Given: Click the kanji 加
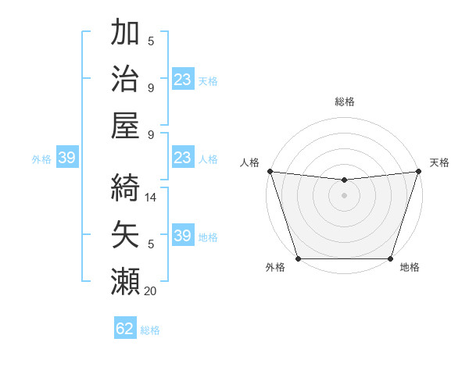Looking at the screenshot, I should pos(126,34).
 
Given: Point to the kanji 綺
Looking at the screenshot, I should pos(126,185).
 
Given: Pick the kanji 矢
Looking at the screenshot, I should pos(126,232).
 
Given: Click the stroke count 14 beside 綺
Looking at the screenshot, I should pos(151,198).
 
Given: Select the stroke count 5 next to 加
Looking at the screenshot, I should pos(151,41).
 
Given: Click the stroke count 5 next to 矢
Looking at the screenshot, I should pos(151,244).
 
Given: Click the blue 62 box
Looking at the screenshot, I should pos(125,329).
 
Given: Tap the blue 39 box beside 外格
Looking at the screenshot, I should pos(66,159).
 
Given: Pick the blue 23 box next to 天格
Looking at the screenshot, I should pos(183,79).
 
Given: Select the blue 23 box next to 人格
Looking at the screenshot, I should pos(183,159).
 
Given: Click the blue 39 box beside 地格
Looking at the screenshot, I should pos(183,237).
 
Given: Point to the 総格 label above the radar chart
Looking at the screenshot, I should pos(344,102).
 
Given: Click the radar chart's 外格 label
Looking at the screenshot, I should pos(275,268).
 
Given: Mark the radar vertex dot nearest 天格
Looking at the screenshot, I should pos(418,171).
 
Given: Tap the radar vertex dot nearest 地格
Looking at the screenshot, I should pos(390,258).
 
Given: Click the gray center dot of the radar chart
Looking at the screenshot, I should pos(344,195).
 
